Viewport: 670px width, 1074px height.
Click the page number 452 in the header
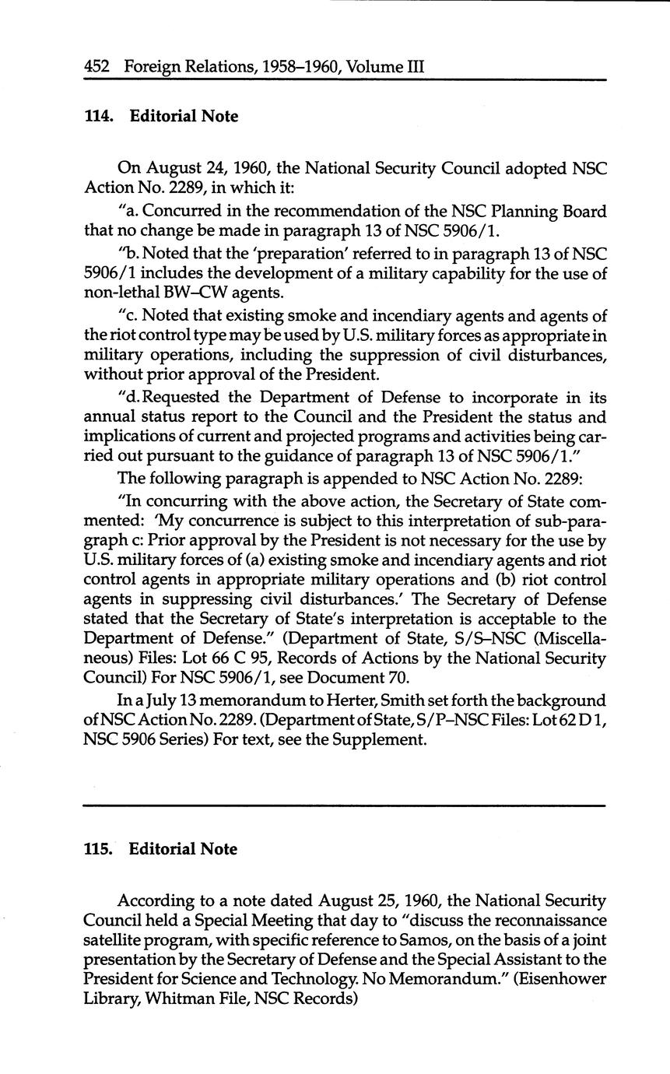[97, 66]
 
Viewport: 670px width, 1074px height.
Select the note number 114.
[99, 117]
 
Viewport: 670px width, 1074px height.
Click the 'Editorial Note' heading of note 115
[183, 849]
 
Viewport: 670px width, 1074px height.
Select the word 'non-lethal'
[120, 293]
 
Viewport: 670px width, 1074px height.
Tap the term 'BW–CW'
[188, 293]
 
